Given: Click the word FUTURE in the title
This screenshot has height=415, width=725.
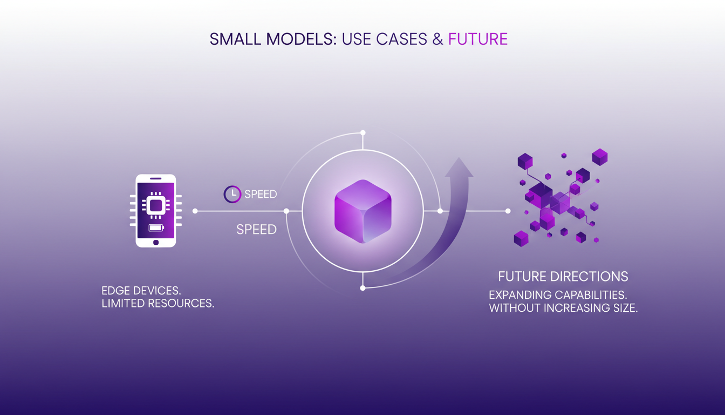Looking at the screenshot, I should [x=477, y=39].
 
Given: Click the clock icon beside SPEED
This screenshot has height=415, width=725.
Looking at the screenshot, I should [x=232, y=194].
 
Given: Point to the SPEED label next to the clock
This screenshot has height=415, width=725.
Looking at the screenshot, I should [x=261, y=195].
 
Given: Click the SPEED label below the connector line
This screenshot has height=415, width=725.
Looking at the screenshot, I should [x=256, y=230].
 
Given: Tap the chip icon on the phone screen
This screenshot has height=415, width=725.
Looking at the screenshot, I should [x=156, y=205].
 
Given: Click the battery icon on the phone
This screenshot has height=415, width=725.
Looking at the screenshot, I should [x=156, y=227].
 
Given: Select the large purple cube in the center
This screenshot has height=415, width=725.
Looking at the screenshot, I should [x=362, y=211].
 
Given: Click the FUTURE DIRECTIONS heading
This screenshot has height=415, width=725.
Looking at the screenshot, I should [x=563, y=277].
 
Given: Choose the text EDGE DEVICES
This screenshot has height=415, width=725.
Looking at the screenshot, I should [x=141, y=290].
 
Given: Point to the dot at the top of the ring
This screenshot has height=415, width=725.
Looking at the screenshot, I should [x=363, y=132].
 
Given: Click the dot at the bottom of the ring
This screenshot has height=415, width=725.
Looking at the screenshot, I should [x=362, y=288].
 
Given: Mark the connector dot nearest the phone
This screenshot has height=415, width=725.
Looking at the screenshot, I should [x=195, y=211].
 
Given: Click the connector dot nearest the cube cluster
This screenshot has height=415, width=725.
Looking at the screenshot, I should [x=508, y=211].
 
